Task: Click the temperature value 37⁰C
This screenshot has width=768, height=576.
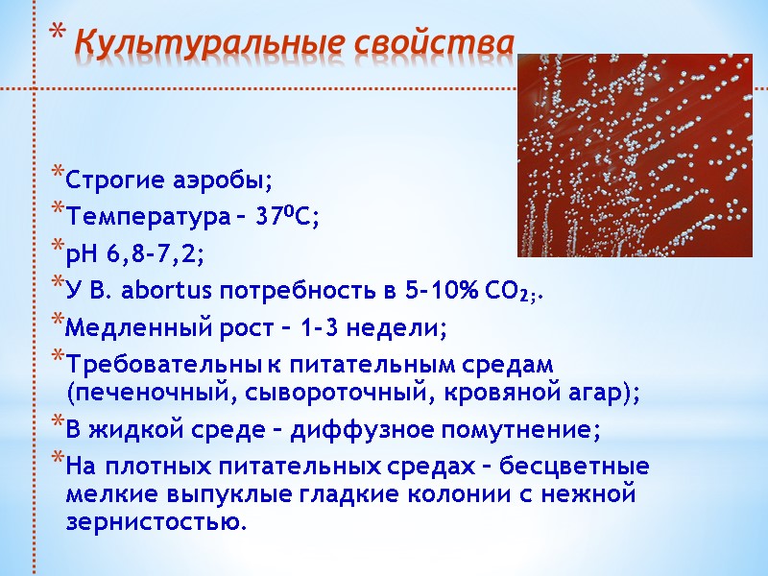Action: (288, 216)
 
